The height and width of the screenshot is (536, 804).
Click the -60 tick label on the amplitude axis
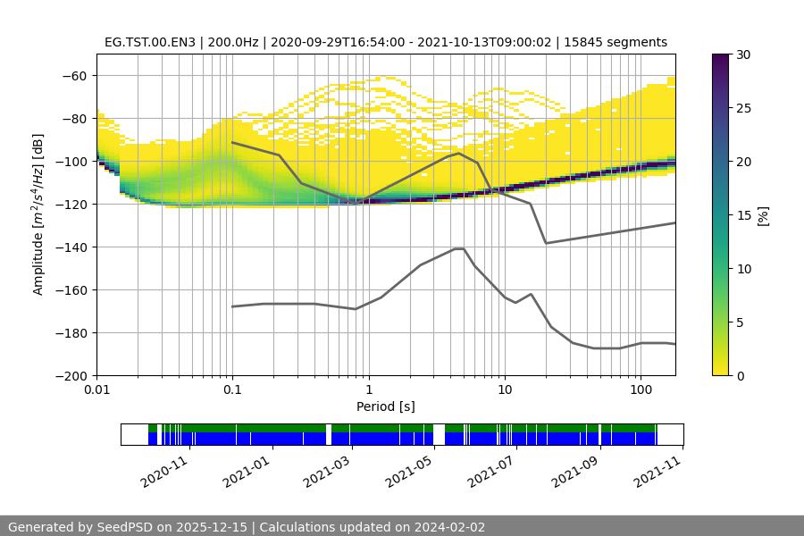pyautogui.click(x=73, y=76)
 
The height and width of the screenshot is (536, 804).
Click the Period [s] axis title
pyautogui.click(x=386, y=407)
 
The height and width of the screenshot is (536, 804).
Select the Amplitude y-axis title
pyautogui.click(x=38, y=214)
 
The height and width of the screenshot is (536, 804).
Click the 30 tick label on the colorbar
pyautogui.click(x=743, y=54)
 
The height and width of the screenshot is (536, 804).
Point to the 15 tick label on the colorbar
pyautogui.click(x=743, y=215)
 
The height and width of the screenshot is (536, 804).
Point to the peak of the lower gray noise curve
pyautogui.click(x=459, y=248)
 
